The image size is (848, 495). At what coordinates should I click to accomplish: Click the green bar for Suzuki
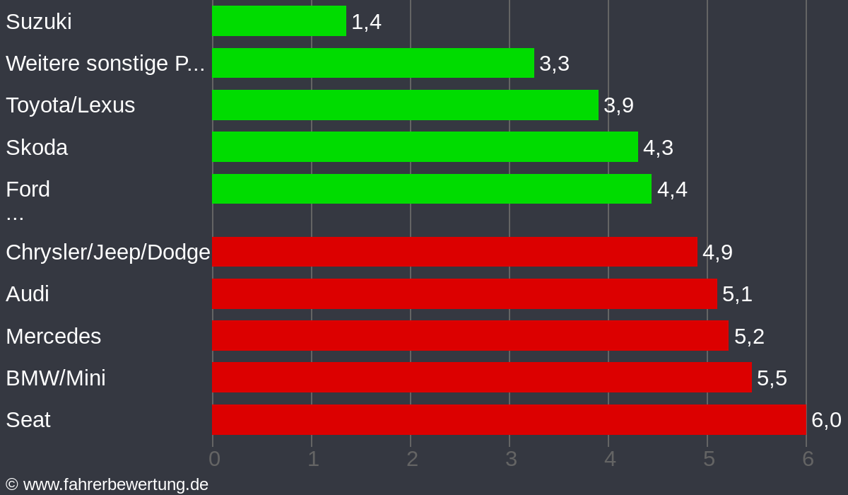click(x=279, y=21)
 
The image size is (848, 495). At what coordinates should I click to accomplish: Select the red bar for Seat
click(x=509, y=419)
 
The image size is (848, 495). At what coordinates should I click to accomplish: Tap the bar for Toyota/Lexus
click(x=405, y=105)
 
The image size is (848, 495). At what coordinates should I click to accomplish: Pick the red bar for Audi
click(x=464, y=293)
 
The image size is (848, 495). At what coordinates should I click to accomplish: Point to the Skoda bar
click(x=425, y=147)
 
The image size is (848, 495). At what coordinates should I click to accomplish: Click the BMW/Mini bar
click(x=481, y=378)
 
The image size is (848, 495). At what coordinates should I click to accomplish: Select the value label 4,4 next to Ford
click(x=672, y=190)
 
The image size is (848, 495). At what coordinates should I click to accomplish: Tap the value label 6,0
click(x=826, y=420)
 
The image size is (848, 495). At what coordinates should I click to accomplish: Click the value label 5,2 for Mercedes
click(x=749, y=337)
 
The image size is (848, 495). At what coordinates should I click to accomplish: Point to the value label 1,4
click(x=366, y=22)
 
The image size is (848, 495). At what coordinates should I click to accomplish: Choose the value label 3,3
click(x=554, y=64)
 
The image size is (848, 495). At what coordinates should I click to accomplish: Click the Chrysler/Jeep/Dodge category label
click(x=108, y=252)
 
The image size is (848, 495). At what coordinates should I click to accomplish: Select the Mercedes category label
click(x=54, y=337)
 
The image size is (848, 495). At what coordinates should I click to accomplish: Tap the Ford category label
click(x=28, y=190)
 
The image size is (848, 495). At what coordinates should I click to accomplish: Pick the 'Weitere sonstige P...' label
click(x=105, y=64)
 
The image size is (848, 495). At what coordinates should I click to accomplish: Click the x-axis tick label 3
click(x=511, y=459)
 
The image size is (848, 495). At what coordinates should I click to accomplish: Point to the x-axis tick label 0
click(x=214, y=459)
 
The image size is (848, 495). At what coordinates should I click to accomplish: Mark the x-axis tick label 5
click(x=709, y=459)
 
